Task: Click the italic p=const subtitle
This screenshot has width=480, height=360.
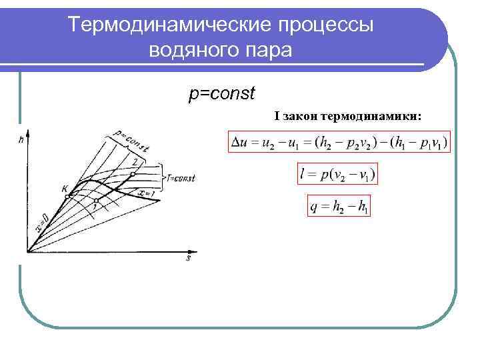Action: point(222,93)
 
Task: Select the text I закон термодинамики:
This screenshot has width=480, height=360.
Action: point(347,116)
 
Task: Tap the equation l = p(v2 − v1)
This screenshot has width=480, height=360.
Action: point(337,174)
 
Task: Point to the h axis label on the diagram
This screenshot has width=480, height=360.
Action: point(22,139)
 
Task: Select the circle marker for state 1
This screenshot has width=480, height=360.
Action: point(97,200)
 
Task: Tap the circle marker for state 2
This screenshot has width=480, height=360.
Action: point(133,173)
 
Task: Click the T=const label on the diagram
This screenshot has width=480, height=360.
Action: point(180,178)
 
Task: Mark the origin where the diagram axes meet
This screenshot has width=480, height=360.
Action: point(28,252)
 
